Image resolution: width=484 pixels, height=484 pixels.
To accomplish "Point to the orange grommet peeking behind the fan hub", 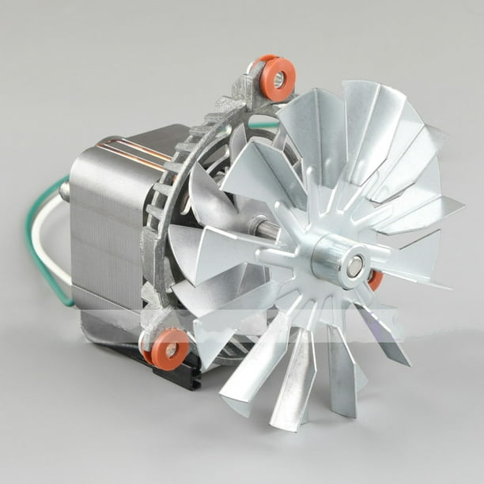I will coord(376,279).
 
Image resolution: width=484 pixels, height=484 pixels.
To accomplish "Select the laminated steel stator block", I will coord(103,229).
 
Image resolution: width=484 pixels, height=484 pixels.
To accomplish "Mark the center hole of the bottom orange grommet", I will coord(171,349).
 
